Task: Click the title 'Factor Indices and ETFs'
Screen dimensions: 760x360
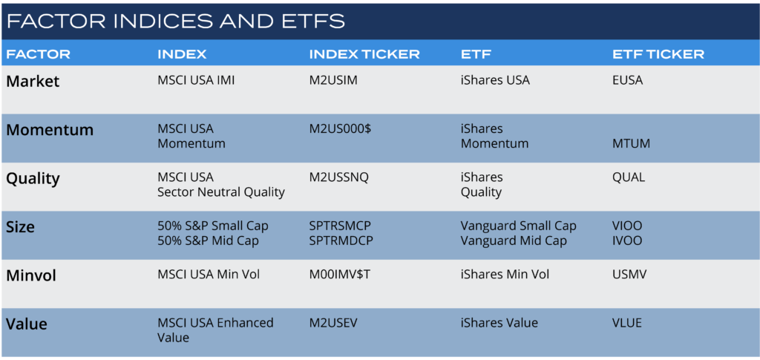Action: click(175, 22)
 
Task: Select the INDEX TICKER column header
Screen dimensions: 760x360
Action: click(364, 54)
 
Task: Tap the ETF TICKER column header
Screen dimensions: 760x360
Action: click(658, 54)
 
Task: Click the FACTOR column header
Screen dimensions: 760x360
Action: click(39, 54)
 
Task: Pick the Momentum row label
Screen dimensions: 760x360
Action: click(50, 130)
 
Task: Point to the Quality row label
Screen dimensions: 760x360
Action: click(33, 179)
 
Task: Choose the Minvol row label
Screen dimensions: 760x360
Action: click(31, 275)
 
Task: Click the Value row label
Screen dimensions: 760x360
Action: click(27, 324)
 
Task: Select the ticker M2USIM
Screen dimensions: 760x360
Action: click(333, 80)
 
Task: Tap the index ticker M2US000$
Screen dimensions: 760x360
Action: click(340, 129)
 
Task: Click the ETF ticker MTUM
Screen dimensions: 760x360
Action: click(632, 143)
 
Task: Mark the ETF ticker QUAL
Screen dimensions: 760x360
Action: click(629, 177)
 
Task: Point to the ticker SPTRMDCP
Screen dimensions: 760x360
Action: click(341, 240)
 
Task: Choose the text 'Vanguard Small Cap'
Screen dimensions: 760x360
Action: click(519, 226)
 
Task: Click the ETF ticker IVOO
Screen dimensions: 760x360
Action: click(627, 240)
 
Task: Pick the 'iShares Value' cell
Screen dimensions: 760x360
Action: click(499, 323)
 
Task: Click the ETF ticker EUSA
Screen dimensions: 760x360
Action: click(628, 80)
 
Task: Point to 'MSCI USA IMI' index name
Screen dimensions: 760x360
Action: click(196, 80)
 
